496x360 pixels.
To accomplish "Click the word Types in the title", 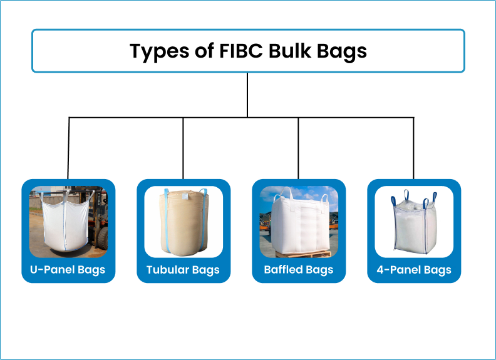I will coord(155,51).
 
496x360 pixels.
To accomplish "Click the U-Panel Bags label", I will coord(68,270).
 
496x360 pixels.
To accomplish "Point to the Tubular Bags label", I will coord(183,270).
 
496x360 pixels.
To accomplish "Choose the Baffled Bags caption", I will coord(299,270).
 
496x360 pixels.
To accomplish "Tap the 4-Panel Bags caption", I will coord(414,270).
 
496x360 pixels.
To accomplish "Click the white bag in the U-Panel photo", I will coord(66,222).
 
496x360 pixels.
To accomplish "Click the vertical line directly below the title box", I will coord(248,94).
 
